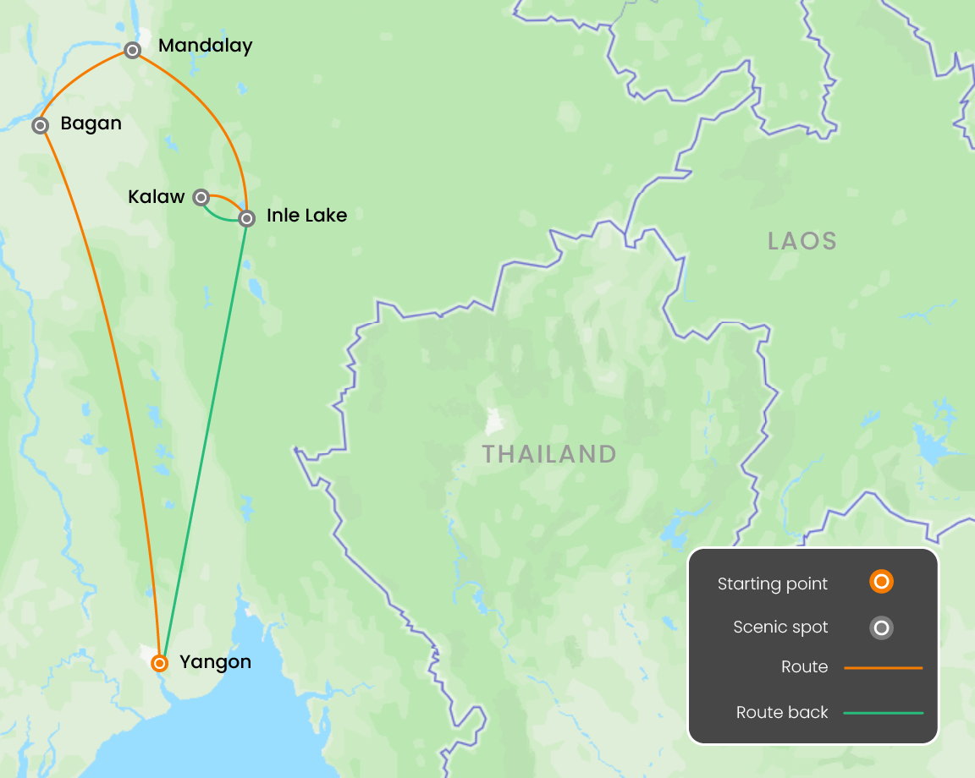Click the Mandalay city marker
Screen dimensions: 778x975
132,51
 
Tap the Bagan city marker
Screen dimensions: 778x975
40,125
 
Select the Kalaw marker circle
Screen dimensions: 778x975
201,197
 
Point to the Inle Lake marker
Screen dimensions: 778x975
246,219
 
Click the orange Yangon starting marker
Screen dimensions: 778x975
159,663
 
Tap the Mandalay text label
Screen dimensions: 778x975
205,46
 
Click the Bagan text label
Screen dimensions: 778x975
91,123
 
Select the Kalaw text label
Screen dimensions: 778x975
156,197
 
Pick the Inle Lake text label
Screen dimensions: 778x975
306,216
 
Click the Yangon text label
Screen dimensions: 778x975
215,662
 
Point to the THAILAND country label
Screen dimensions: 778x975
549,454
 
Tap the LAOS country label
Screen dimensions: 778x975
801,241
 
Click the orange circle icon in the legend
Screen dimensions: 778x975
881,582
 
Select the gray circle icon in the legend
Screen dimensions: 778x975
881,627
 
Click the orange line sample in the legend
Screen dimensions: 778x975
883,668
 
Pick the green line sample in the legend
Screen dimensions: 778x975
883,713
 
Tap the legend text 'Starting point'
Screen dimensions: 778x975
773,583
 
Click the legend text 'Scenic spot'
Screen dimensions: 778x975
780,627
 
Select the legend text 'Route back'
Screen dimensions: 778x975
782,713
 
